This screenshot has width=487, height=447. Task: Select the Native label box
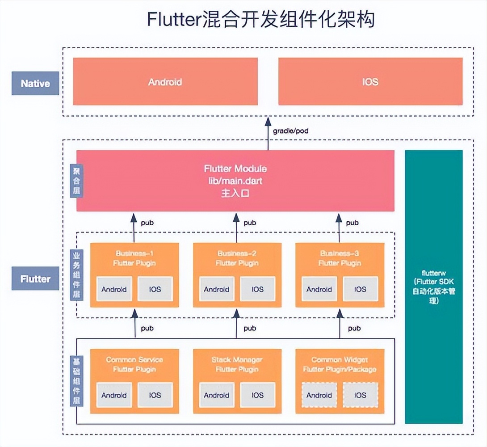[x=35, y=83]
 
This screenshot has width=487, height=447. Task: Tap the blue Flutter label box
[x=35, y=278]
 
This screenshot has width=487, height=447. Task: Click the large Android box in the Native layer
[x=165, y=82]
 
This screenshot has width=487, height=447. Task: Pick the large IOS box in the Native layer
[x=370, y=82]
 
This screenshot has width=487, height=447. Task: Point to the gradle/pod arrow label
[x=290, y=131]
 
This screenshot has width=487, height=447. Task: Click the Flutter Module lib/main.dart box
[x=235, y=181]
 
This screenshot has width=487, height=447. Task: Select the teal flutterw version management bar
[x=433, y=287]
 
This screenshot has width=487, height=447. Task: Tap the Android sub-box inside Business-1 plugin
[x=114, y=289]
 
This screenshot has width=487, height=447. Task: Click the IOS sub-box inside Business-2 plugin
[x=257, y=289]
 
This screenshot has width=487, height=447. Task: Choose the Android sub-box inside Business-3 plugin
[x=319, y=289]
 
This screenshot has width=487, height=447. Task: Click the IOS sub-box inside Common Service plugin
[x=155, y=395]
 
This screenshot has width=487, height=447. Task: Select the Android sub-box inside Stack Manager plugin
[x=217, y=395]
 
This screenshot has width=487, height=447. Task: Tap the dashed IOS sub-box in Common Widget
[x=360, y=395]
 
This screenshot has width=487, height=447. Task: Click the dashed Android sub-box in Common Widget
[x=319, y=395]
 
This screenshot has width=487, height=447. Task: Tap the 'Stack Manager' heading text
[x=237, y=359]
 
